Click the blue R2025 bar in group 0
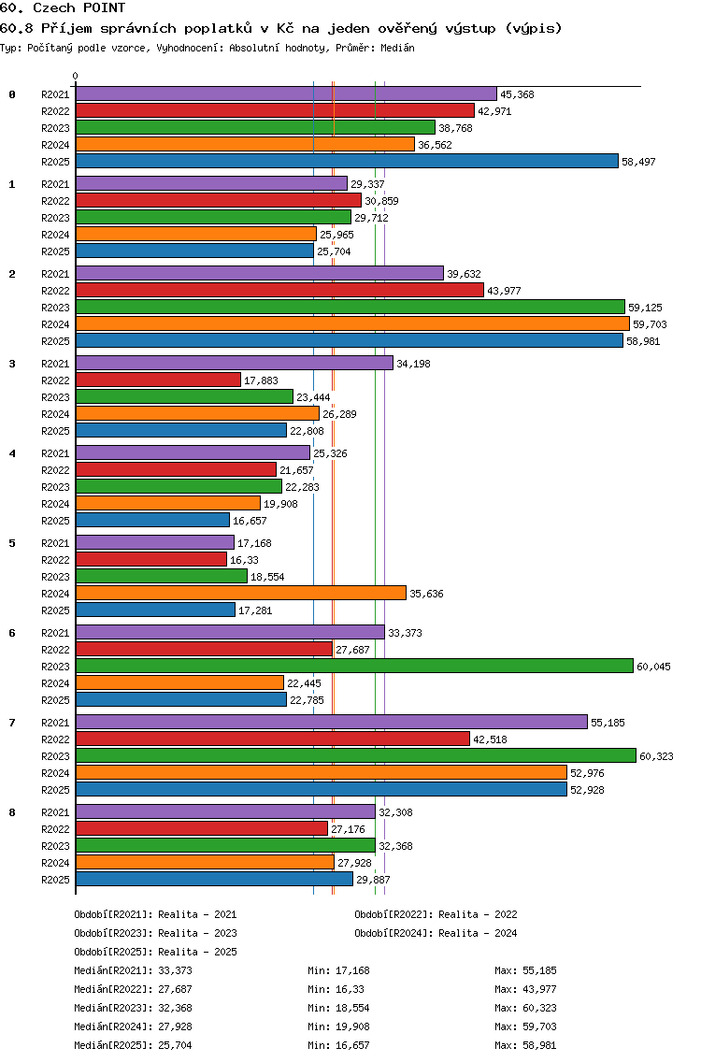[347, 161]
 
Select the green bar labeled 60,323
[355, 756]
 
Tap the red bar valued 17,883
[158, 380]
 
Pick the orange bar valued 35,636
[240, 594]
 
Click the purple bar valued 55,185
[331, 722]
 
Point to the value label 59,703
[650, 324]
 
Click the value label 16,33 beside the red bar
[244, 560]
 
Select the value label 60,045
[653, 667]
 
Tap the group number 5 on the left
[12, 543]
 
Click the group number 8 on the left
[12, 812]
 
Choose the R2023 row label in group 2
[55, 308]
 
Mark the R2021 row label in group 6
[55, 633]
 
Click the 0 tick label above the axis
[75, 76]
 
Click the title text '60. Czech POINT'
[63, 8]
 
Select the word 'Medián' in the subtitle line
[397, 48]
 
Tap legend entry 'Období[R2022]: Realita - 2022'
[436, 914]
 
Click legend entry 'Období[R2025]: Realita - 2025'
[155, 952]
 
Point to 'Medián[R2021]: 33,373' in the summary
[133, 970]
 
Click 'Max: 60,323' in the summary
[525, 1008]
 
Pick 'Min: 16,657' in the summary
[338, 1045]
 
